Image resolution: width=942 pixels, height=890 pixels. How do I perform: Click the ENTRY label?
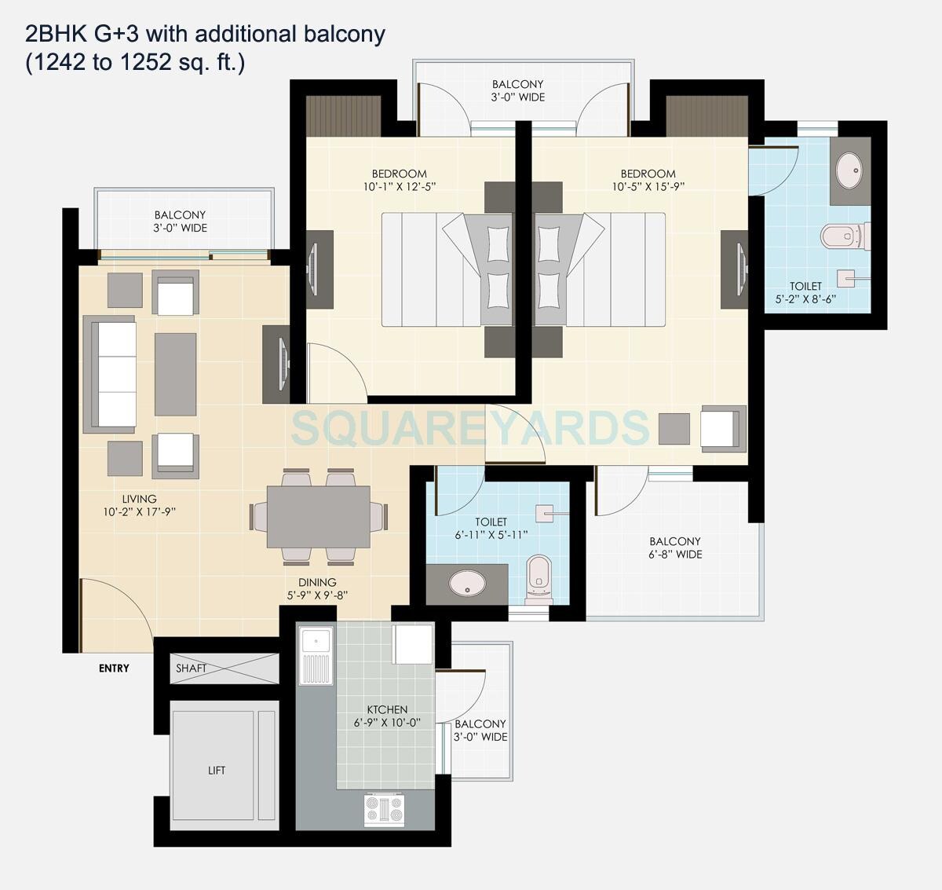click(114, 668)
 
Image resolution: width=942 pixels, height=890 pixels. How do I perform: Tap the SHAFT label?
click(191, 668)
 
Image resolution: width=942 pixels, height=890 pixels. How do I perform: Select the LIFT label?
click(217, 771)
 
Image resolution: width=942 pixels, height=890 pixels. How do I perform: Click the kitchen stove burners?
click(384, 810)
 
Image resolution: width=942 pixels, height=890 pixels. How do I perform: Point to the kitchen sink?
click(316, 657)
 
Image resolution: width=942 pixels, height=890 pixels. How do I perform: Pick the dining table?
click(318, 516)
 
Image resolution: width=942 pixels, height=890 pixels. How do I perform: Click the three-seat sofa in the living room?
click(110, 374)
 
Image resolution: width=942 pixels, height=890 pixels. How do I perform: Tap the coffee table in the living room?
click(175, 374)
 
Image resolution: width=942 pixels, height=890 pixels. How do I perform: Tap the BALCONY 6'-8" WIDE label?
click(675, 548)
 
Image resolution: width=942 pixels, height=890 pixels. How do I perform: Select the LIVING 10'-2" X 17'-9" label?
click(139, 505)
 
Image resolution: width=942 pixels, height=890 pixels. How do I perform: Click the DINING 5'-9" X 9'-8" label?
click(317, 588)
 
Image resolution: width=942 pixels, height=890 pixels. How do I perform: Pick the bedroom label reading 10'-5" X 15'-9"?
click(648, 180)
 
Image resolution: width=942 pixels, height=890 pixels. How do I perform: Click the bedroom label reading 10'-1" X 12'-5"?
click(400, 180)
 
